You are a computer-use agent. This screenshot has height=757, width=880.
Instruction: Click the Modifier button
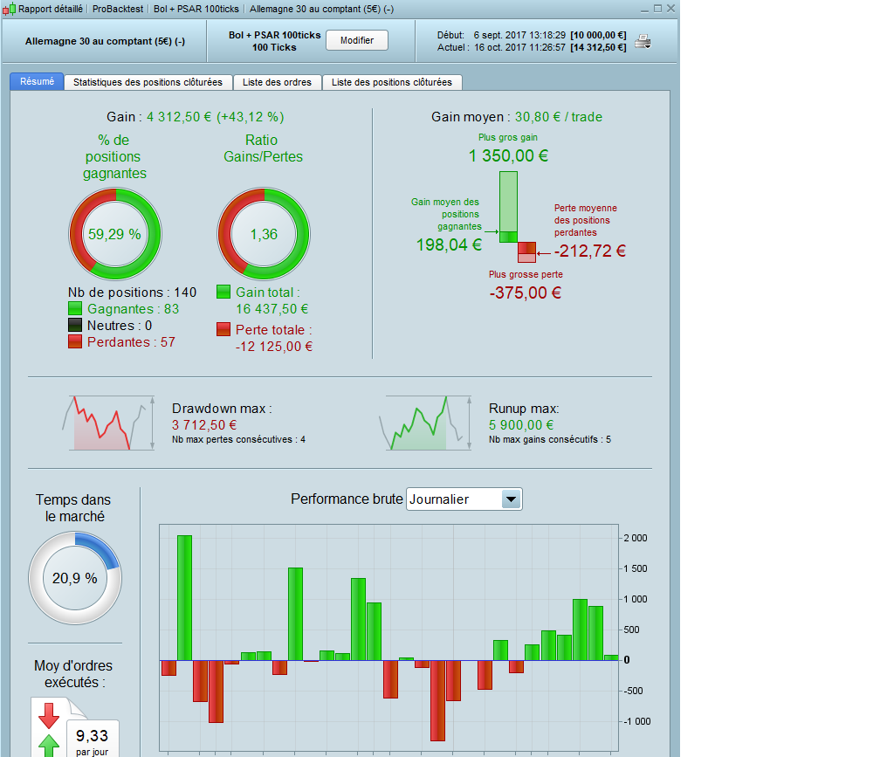click(x=356, y=41)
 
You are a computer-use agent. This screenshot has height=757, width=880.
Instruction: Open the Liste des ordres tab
click(x=277, y=82)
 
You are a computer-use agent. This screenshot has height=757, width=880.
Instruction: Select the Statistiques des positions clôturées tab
click(x=148, y=82)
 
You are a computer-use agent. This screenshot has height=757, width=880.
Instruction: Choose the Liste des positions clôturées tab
click(x=392, y=82)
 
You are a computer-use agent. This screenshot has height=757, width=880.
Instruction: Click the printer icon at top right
click(x=643, y=42)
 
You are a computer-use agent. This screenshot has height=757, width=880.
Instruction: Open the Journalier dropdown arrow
click(x=512, y=499)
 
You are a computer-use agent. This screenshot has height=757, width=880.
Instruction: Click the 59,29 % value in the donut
click(x=114, y=234)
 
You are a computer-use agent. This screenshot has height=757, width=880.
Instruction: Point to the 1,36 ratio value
click(x=263, y=234)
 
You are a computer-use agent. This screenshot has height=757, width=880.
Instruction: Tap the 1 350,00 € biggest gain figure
click(x=508, y=156)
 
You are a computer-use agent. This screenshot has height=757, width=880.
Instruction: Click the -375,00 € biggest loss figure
click(x=526, y=293)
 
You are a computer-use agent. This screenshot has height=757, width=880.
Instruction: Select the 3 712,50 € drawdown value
click(x=204, y=425)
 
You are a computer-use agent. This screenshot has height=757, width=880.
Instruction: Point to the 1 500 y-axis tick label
click(x=635, y=568)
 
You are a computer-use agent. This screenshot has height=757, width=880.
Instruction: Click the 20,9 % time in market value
click(x=74, y=577)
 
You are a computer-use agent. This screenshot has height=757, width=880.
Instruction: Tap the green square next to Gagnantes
click(x=76, y=309)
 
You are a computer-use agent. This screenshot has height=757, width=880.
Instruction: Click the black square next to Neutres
click(x=76, y=326)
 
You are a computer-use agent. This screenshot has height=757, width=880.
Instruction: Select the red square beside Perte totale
click(x=224, y=330)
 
